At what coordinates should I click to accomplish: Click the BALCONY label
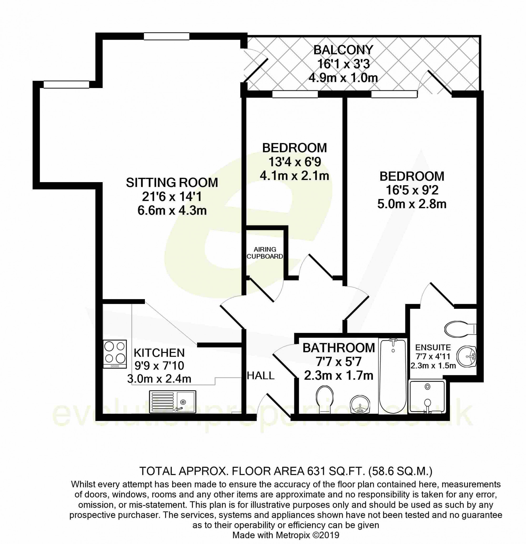pos(343,50)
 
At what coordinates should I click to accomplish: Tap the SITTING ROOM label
pos(172,183)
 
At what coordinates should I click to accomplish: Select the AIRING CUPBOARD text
pos(265,253)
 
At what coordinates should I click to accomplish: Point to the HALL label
pos(260,376)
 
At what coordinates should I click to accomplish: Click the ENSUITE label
pos(433,347)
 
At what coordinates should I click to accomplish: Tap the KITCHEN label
pos(159,353)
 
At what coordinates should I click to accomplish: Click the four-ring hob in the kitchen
pos(115,354)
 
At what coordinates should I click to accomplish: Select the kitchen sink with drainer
pos(173,401)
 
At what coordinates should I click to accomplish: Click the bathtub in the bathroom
pos(393,376)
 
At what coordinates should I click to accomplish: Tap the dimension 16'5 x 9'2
pos(412,190)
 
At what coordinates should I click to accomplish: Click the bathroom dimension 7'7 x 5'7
pos(338,362)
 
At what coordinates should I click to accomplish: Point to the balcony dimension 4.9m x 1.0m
pos(343,78)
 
